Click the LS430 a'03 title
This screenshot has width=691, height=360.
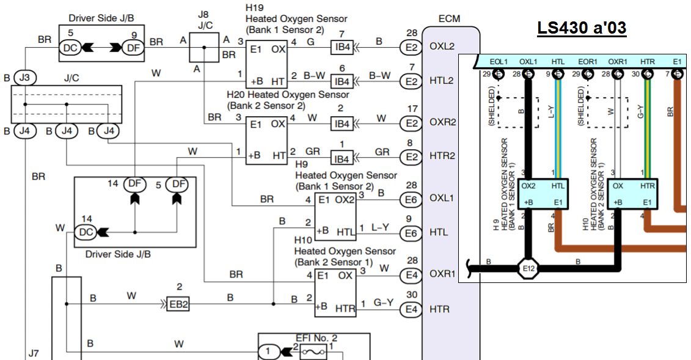[x=582, y=28]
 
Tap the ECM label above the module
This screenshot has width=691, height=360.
[x=449, y=19]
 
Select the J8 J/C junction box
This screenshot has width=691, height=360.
[x=203, y=47]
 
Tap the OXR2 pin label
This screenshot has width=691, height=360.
[x=442, y=122]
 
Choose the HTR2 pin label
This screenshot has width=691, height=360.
[x=442, y=156]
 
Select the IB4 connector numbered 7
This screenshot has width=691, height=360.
[x=342, y=47]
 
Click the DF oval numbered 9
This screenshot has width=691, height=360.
[x=132, y=46]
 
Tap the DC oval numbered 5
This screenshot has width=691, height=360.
[x=71, y=46]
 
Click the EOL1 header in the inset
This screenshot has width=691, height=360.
[x=499, y=61]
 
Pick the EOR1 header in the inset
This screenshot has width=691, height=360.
[x=588, y=61]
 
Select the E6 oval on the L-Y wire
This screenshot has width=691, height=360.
[x=411, y=233]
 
